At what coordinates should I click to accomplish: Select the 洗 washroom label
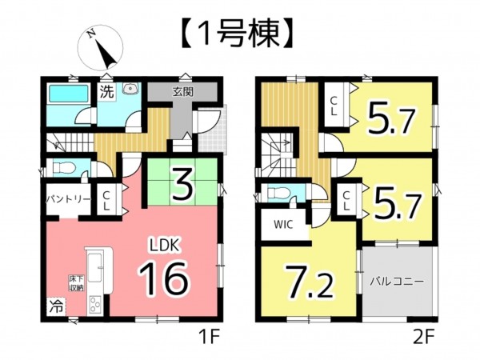tap(106, 92)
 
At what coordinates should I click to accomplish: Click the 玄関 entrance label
tap(182, 92)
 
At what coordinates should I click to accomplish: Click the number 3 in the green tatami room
tap(182, 184)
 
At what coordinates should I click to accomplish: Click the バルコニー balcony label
tap(396, 282)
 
